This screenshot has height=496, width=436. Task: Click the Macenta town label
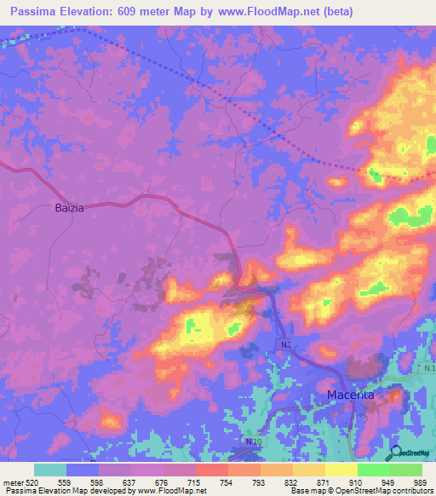(x=353, y=395)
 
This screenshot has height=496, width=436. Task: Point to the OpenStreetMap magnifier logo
(x=395, y=453)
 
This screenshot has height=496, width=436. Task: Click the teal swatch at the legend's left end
(x=50, y=470)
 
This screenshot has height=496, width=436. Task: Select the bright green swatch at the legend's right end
(x=406, y=470)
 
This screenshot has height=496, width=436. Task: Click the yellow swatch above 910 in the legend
(x=341, y=470)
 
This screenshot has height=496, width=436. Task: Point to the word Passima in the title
(x=38, y=12)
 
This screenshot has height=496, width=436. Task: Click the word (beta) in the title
(x=336, y=12)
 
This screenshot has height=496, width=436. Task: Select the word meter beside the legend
(x=14, y=482)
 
